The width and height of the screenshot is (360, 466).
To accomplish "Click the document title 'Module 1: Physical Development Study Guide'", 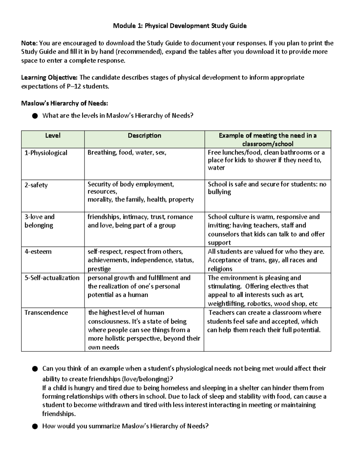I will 180,26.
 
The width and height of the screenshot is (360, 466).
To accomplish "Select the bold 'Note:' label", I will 29,43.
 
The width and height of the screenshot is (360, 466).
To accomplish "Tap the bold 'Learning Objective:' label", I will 49,78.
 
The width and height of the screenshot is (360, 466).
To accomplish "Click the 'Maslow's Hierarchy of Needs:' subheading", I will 64,104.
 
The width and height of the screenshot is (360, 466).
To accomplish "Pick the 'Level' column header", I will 53,136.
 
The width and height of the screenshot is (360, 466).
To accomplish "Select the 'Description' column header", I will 144,136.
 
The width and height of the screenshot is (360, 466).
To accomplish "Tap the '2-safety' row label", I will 36,185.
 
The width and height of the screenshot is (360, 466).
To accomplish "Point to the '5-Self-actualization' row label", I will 52,278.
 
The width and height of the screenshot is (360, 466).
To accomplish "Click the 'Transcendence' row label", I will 46,313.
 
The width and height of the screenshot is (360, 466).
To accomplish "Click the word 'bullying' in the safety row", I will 219,192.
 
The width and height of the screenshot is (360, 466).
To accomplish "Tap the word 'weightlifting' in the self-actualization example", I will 227,304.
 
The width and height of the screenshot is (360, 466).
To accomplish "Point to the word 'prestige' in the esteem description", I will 99,269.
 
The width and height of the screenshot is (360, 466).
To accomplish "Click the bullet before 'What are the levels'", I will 35,116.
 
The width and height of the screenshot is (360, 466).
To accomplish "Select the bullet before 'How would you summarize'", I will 35,426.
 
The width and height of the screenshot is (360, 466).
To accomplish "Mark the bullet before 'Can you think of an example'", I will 35,368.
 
